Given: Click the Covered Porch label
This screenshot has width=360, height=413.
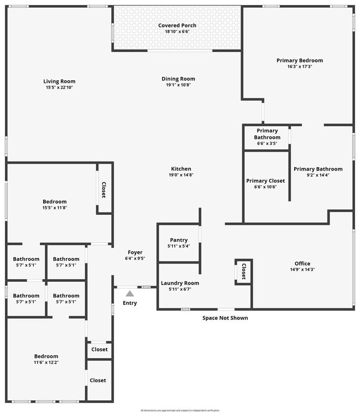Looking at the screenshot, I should coord(177,25).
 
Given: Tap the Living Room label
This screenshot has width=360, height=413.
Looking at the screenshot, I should coord(59,81).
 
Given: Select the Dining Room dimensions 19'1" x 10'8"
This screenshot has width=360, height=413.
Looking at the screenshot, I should coord(178,85).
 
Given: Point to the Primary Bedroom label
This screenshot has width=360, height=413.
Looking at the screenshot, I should coord(300,60).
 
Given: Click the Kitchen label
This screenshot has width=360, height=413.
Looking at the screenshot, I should coord(181,169).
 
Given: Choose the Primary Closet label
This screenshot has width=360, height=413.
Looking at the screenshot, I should coord(265,181).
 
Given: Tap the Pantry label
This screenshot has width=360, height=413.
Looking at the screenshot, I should coord(179,240).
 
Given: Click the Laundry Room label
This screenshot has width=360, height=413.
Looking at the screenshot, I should coord(179,283).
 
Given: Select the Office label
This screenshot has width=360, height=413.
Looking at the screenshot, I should coord(302,264).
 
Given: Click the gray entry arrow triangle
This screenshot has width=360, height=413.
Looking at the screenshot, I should coord(130,294).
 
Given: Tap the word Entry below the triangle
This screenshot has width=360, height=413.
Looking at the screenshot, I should coord(130,303).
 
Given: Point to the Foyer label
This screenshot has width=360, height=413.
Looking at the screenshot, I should coord(135,252).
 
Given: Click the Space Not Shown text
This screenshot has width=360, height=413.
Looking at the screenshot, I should coord(225,318).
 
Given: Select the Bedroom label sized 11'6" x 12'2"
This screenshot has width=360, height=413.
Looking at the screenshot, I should coord(46,356).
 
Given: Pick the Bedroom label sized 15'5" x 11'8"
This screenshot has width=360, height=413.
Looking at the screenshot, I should coord(55,202).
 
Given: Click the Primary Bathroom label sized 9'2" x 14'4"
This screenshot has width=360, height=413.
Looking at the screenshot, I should coord(318,169).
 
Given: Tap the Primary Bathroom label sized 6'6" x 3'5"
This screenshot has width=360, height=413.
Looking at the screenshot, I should coord(267,134).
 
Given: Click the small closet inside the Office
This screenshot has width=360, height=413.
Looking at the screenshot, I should coord(243,271).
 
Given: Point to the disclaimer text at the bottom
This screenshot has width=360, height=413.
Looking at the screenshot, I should coord(180,410).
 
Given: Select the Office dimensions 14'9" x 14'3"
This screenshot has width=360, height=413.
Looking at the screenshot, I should coord(302,270).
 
